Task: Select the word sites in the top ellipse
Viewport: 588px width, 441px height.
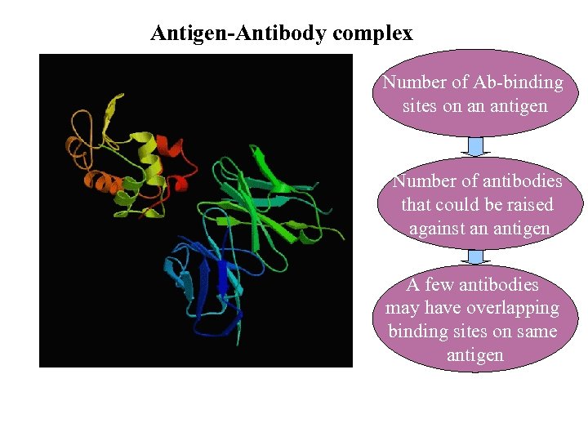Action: (x=421, y=106)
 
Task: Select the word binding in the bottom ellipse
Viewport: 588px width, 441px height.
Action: (x=416, y=332)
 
